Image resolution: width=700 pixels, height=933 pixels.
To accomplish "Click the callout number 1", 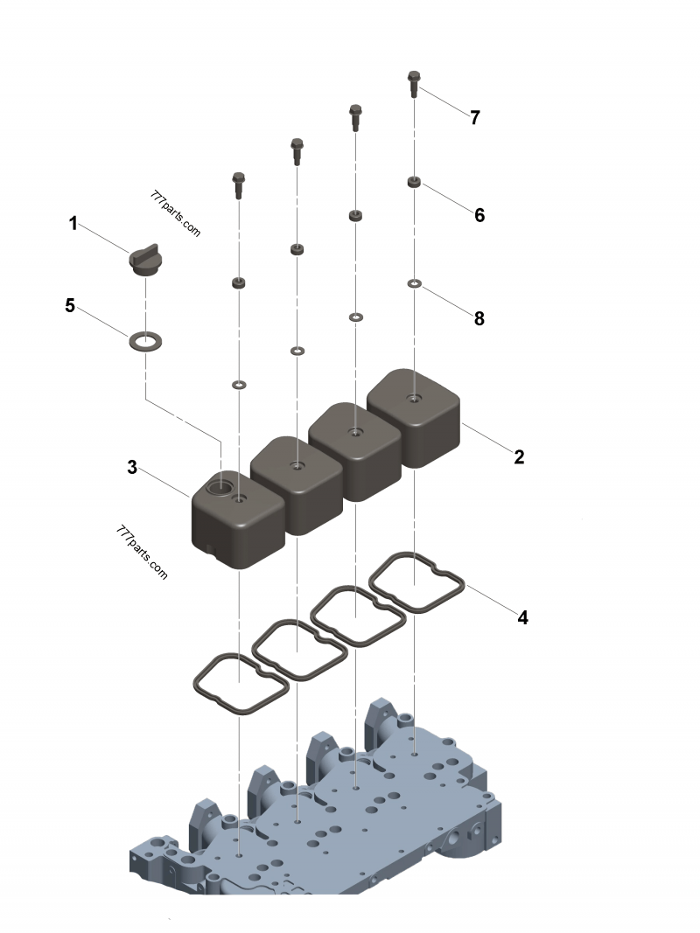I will click(73, 225).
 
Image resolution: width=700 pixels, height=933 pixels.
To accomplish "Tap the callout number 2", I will click(519, 456).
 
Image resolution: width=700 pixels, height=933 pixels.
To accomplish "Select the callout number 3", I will click(132, 468).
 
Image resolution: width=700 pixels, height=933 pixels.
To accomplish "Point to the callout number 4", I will click(522, 617).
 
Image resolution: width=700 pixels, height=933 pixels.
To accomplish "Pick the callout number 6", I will click(479, 215).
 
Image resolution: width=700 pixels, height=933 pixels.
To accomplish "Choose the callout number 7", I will click(475, 118).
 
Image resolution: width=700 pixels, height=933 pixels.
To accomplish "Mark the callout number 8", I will click(479, 318).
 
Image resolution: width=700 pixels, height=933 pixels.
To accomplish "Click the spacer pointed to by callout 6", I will click(414, 182).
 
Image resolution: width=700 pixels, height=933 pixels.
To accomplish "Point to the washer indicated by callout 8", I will click(414, 283).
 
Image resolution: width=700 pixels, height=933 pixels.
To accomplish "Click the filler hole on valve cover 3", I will click(221, 484).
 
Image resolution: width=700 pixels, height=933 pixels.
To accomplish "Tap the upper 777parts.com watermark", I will click(176, 215).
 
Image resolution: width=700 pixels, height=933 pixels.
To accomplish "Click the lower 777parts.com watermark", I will click(141, 552).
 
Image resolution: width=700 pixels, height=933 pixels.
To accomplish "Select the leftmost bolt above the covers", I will click(238, 184).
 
